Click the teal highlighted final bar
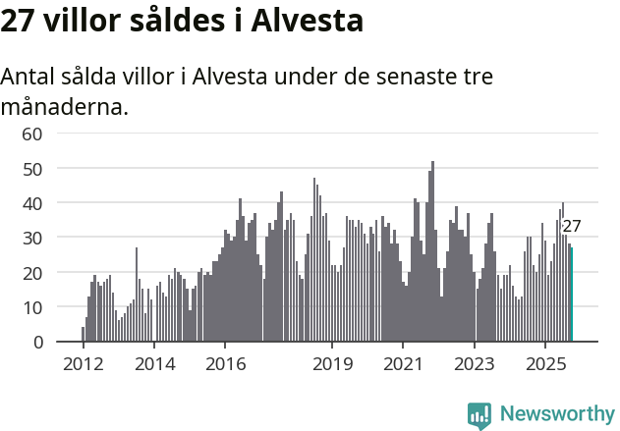pos(571,295)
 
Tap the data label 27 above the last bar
pos(571,226)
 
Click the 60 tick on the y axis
pos(31,134)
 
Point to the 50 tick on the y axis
pos(31,168)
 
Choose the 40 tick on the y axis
pos(31,203)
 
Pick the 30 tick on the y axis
pos(31,238)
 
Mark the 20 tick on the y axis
pos(31,272)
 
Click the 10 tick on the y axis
pos(31,307)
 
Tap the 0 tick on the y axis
pos(37,342)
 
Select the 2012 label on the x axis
pos(83,364)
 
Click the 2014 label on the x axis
pos(153,364)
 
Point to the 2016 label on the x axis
pos(225,364)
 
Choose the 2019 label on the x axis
pos(332,364)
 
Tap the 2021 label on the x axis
pos(403,364)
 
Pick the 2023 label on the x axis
pos(475,364)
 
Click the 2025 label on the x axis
pos(545,364)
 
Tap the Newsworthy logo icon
pos(479,414)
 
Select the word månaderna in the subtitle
pos(65,106)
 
